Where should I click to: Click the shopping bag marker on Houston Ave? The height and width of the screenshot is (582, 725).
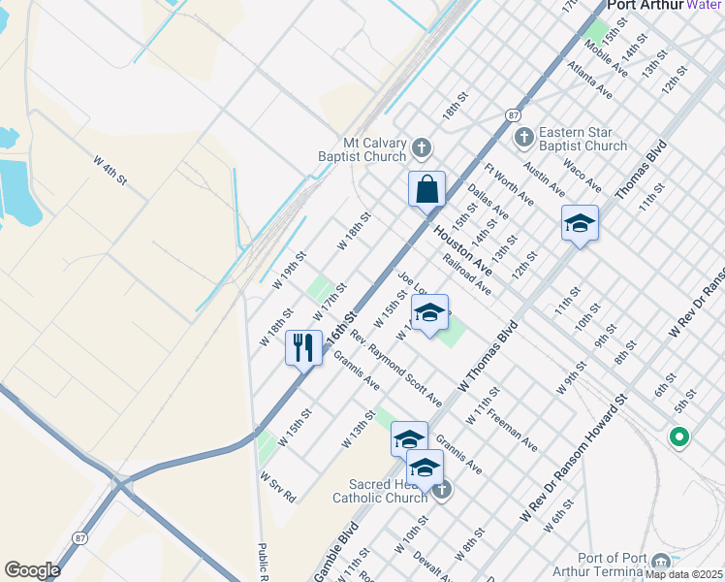426,190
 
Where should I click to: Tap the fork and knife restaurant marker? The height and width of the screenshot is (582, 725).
303,348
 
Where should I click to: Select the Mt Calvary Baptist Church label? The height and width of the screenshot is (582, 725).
362,149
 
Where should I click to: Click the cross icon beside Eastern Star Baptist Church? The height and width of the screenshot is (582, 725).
523,137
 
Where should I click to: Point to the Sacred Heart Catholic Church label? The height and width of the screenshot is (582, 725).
380,491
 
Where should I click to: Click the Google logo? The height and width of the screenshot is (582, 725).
32,570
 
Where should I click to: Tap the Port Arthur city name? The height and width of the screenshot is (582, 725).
644,6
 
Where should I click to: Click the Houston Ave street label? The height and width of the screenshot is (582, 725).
462,246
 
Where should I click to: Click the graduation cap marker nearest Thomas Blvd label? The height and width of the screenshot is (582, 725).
579,225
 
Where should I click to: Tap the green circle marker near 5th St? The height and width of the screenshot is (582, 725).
679,437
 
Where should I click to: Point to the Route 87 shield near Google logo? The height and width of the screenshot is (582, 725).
80,537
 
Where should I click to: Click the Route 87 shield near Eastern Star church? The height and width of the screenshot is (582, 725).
512,115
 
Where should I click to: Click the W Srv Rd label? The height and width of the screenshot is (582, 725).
277,486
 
